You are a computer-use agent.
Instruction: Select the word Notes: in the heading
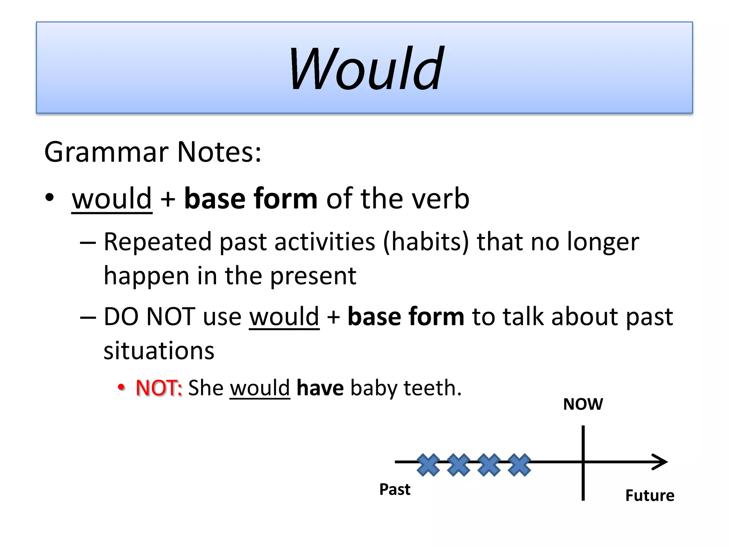point(219,152)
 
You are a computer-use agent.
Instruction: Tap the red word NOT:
point(159,388)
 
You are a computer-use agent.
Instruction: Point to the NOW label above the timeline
point(583,404)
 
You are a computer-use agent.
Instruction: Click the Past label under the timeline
point(395,489)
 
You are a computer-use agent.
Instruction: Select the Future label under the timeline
point(650,495)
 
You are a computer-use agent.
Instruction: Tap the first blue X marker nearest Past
point(428,465)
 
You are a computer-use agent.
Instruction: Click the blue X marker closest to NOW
point(520,465)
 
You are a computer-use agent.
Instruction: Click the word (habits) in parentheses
point(426,242)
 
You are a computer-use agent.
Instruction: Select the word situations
point(159,351)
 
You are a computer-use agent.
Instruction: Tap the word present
point(313,276)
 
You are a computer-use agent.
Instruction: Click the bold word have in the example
point(320,388)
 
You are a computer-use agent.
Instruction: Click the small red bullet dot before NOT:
point(121,387)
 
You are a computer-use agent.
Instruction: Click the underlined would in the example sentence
point(260,388)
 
